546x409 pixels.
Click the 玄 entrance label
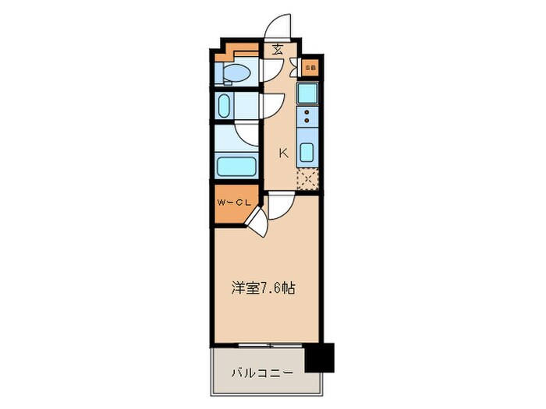pos(278,49)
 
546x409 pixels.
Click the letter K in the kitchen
pos(283,153)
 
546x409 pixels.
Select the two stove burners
pos(307,117)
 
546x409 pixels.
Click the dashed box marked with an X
pos(308,178)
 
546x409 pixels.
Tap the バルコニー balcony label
pos(261,373)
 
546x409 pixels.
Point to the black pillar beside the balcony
pos(317,358)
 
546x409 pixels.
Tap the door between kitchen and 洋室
pos(282,205)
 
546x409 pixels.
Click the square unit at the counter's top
pos(307,95)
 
